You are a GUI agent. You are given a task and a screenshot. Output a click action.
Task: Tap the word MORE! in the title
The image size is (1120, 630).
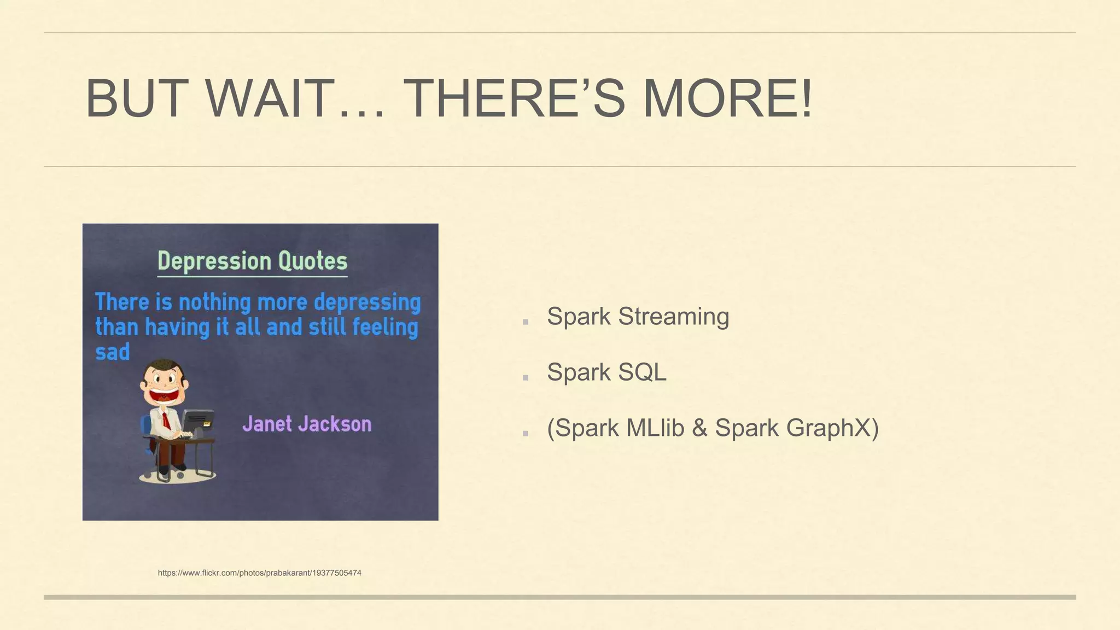727,99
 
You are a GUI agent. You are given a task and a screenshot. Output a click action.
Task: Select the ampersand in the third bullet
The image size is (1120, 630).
699,428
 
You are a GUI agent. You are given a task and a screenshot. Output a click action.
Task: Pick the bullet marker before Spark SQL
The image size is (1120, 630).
525,378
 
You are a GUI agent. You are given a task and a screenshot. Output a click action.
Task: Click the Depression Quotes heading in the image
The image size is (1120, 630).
252,261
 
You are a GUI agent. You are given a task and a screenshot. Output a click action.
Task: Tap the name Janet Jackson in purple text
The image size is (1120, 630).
307,424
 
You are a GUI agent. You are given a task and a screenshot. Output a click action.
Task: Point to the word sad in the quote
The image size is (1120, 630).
113,352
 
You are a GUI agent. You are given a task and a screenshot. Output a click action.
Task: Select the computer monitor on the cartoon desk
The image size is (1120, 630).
198,422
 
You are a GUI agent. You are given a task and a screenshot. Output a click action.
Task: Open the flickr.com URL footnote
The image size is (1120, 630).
259,573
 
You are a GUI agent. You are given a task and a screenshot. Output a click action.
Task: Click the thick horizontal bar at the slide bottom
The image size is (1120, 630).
559,597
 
